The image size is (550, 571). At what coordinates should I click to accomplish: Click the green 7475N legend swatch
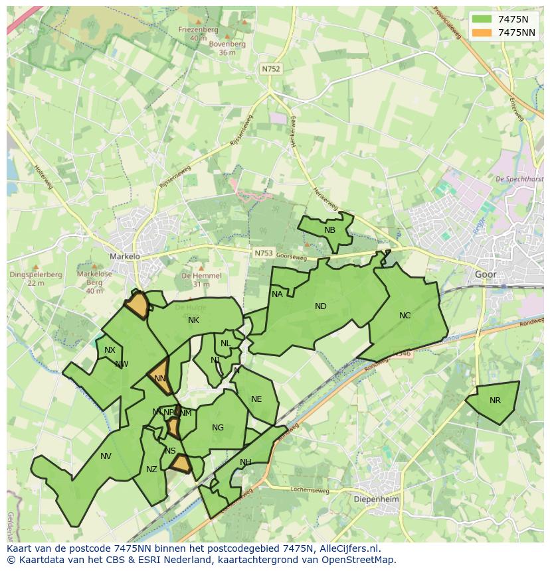(x=482, y=19)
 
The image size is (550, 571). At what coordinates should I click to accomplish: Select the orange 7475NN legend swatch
(x=482, y=32)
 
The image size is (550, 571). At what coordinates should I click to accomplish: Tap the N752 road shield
(x=271, y=68)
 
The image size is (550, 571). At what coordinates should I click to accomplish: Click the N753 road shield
(x=263, y=253)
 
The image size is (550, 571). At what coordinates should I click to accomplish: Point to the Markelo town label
(x=125, y=256)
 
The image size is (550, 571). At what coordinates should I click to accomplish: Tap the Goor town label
(x=486, y=274)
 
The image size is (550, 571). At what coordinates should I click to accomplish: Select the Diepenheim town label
(x=375, y=498)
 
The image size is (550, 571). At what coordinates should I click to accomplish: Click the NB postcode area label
(x=329, y=230)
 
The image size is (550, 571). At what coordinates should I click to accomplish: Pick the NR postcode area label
(x=495, y=401)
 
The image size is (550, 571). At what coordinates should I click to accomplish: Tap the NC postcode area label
(x=405, y=316)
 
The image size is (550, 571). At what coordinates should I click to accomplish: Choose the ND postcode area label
(x=321, y=306)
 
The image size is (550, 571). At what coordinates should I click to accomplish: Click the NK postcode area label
(x=193, y=320)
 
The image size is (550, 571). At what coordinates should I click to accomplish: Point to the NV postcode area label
(x=106, y=456)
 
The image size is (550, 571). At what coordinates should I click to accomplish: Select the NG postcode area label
(x=218, y=428)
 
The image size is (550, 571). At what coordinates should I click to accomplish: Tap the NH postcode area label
(x=246, y=462)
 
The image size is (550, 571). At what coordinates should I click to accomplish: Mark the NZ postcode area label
(x=151, y=470)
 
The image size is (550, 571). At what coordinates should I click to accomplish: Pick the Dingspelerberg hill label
(x=27, y=275)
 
